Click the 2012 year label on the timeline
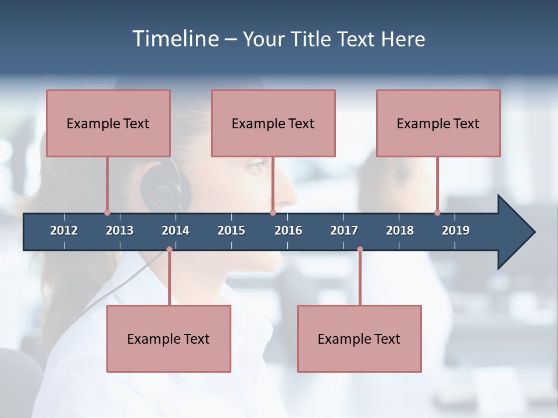[x=64, y=230]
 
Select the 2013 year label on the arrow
[x=120, y=230]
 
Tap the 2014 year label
[x=176, y=230]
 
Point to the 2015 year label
[x=231, y=230]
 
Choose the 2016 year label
[x=288, y=230]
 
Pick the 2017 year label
[x=344, y=230]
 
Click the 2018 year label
[x=400, y=230]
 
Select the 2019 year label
[x=456, y=230]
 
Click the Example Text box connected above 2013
[x=108, y=123]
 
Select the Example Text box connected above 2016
[x=273, y=123]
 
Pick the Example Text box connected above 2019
[x=438, y=123]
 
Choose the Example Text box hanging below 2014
[x=169, y=338]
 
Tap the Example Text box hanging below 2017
[x=359, y=338]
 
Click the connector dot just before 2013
[x=107, y=212]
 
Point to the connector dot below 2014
[x=169, y=249]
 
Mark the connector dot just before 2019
[x=437, y=212]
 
